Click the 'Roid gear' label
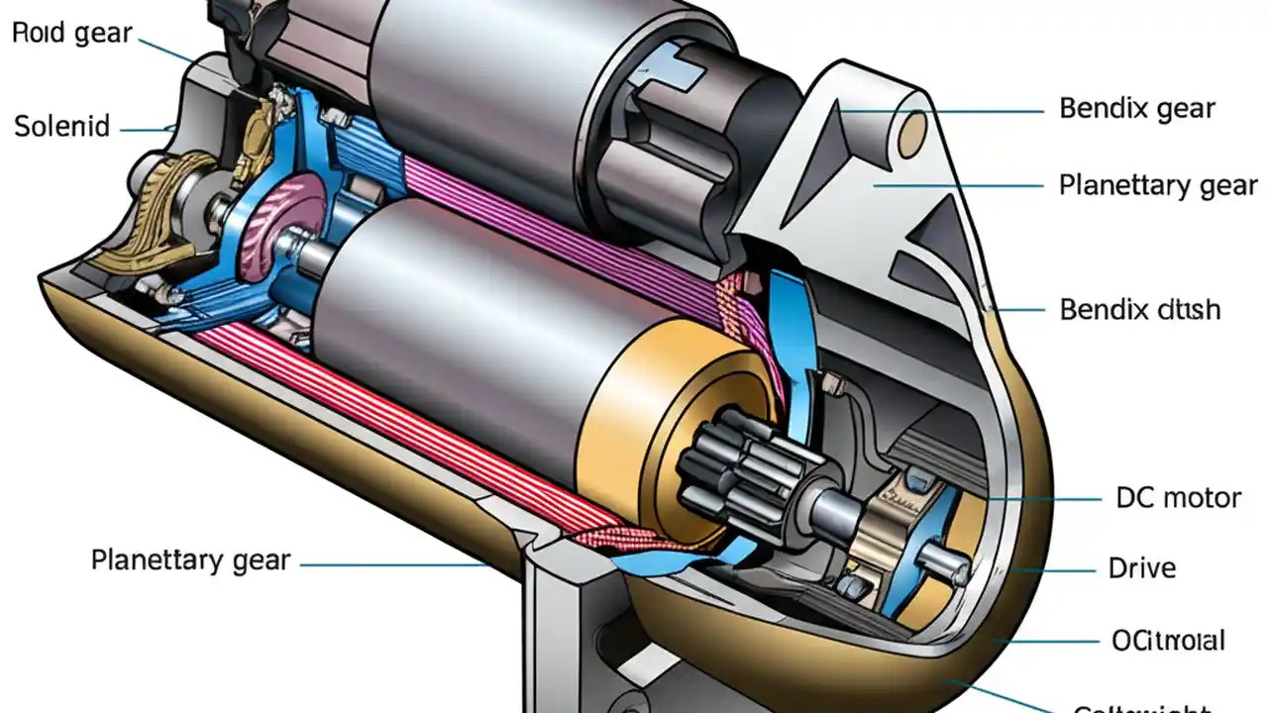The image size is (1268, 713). (x=71, y=33)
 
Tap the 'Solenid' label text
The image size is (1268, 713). (x=61, y=127)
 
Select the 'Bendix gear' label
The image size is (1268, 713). (x=1136, y=108)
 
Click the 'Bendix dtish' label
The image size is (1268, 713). (x=1139, y=310)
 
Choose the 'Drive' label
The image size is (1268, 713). (x=1141, y=568)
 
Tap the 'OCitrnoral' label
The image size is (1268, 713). (x=1168, y=641)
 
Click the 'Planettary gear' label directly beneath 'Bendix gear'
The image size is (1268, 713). (x=1157, y=185)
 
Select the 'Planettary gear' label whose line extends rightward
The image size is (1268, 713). (x=190, y=560)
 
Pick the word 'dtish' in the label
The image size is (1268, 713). (x=1187, y=310)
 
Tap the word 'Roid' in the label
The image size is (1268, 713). (x=38, y=33)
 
